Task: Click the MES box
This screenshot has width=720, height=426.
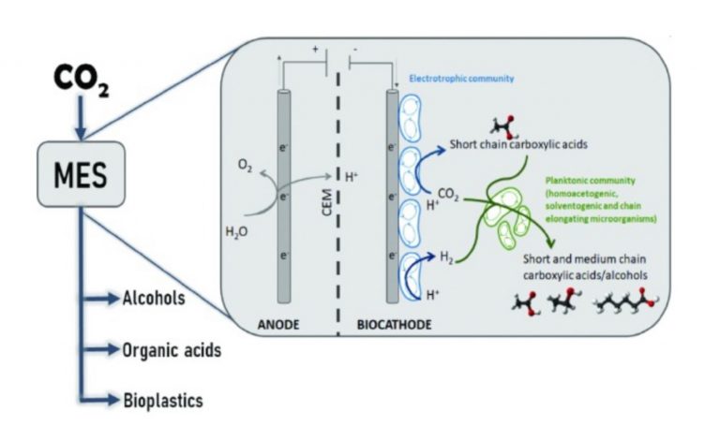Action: tap(81, 174)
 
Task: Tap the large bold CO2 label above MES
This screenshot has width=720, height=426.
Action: tap(82, 79)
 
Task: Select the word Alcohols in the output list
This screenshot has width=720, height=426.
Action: tap(154, 299)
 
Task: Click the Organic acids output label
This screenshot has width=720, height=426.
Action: tap(172, 350)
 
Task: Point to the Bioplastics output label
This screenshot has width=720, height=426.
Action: tap(163, 401)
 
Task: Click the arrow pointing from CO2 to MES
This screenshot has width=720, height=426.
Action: tap(81, 118)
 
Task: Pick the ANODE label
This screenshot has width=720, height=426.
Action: tap(278, 325)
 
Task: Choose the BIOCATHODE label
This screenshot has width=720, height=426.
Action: tap(395, 325)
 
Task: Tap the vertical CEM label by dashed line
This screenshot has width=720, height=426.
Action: tap(327, 202)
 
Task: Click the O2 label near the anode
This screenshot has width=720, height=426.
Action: tap(246, 166)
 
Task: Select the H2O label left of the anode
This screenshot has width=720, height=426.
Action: tap(236, 231)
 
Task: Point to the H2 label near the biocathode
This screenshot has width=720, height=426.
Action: tap(447, 257)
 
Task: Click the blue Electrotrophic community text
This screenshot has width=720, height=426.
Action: tap(461, 79)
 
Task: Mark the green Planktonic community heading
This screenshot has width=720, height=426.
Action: tap(590, 181)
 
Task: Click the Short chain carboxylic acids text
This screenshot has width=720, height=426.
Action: tap(518, 144)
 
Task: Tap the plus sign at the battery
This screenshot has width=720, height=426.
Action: tap(315, 49)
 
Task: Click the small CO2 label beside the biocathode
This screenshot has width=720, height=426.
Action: tap(448, 195)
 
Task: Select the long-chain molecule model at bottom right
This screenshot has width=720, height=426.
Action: tap(627, 301)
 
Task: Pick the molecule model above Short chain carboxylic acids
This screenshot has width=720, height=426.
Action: tap(503, 127)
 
